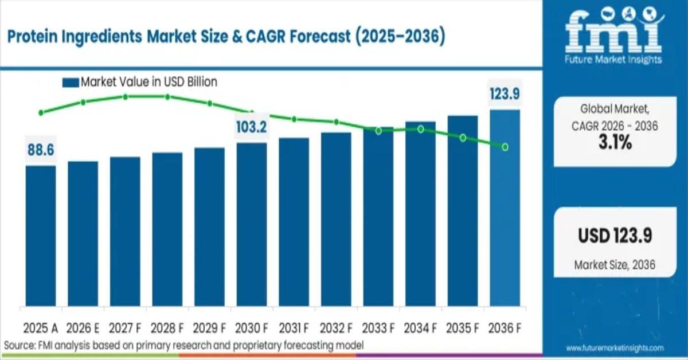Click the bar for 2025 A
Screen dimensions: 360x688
(x=41, y=236)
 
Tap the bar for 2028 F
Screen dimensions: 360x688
(x=167, y=229)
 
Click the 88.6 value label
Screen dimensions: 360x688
(x=41, y=150)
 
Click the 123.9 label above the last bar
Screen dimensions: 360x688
(x=505, y=93)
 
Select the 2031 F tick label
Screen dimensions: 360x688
(x=294, y=328)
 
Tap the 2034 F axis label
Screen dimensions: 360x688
(x=420, y=328)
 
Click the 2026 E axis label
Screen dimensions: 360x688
(x=83, y=328)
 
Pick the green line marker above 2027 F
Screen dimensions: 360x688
(x=125, y=96)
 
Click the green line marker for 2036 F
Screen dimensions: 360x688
(x=505, y=147)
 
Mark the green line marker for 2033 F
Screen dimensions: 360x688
(x=378, y=131)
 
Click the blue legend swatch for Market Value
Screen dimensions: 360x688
(x=70, y=83)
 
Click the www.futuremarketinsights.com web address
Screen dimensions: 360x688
(x=615, y=348)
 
